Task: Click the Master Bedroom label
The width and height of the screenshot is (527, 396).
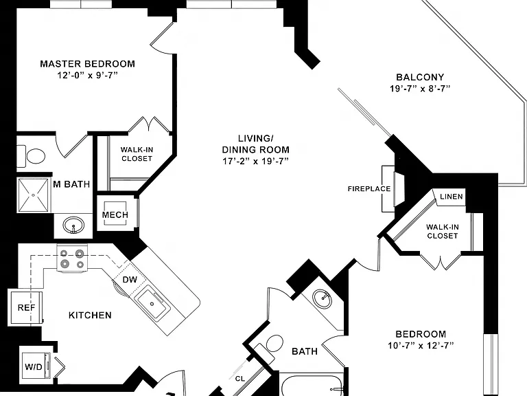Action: click(x=87, y=64)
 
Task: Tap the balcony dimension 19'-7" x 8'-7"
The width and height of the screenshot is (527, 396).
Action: click(x=420, y=89)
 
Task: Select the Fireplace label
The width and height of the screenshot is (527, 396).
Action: click(x=369, y=189)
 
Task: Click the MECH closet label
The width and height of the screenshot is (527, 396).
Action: click(x=115, y=214)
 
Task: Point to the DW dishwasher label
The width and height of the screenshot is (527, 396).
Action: click(x=130, y=280)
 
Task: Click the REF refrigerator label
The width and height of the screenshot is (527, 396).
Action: click(x=26, y=307)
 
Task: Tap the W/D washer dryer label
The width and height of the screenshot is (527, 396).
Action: click(x=34, y=366)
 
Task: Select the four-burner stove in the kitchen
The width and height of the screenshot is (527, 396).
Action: click(x=72, y=258)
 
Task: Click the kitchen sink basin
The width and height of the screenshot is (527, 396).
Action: click(x=152, y=304)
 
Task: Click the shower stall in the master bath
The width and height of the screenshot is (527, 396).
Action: click(x=33, y=195)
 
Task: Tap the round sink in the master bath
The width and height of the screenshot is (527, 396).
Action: click(x=73, y=225)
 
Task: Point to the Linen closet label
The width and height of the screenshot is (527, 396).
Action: click(x=452, y=197)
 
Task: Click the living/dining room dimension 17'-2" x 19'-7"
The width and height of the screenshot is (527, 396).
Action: click(x=256, y=161)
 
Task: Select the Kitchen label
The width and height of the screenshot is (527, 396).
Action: click(x=90, y=315)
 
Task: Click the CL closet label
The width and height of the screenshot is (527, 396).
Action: click(x=240, y=379)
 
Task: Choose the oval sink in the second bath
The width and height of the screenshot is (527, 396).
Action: click(x=322, y=298)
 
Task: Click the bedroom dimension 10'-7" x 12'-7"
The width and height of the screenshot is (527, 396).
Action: click(x=421, y=346)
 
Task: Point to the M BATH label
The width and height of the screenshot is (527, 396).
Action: click(x=71, y=184)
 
